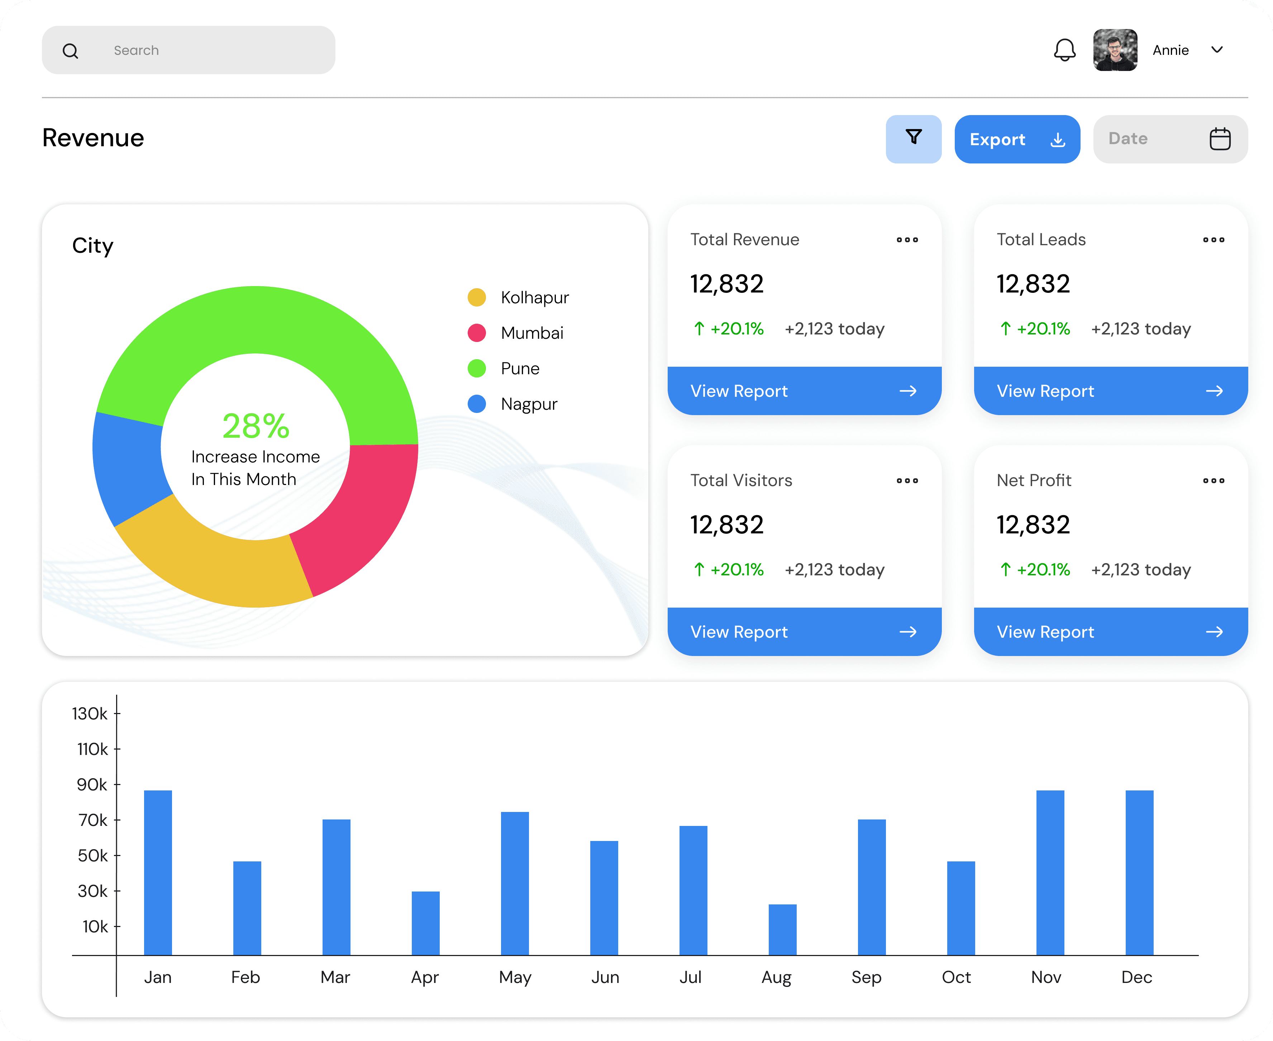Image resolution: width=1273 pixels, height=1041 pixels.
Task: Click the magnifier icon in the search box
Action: click(70, 51)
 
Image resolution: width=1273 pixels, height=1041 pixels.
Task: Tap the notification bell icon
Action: click(1064, 50)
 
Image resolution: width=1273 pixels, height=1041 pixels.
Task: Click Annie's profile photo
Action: click(1115, 50)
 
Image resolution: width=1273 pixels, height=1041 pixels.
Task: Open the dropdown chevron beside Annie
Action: click(1217, 50)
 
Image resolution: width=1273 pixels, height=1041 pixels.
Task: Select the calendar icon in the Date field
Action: click(1220, 139)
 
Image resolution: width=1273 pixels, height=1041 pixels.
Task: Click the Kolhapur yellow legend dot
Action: click(477, 298)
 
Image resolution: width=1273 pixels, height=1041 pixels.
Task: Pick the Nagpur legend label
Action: click(529, 404)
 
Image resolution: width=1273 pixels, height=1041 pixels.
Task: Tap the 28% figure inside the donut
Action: click(256, 426)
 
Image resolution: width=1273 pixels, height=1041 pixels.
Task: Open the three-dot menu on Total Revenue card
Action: click(907, 240)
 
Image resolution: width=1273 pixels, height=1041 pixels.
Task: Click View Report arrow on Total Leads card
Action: click(1214, 391)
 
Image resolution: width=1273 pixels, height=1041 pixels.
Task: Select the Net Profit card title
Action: click(1033, 480)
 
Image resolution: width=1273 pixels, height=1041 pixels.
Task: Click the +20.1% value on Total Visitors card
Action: click(736, 570)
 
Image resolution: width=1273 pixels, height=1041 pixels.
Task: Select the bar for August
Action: click(782, 930)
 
